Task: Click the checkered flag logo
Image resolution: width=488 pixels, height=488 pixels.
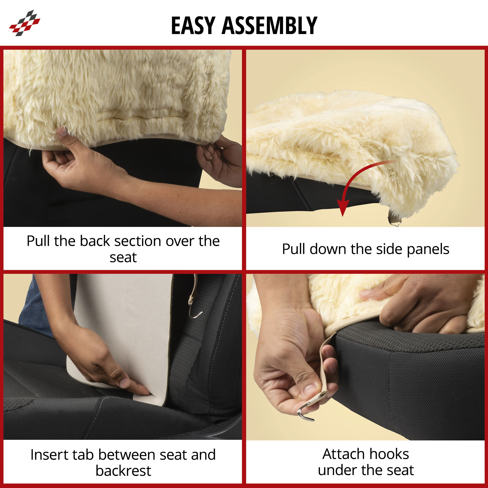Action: (25, 23)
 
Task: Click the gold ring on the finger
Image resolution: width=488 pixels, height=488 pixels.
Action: (211, 158)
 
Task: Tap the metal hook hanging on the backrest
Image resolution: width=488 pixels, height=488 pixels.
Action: (194, 308)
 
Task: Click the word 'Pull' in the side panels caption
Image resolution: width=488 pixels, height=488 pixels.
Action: (294, 249)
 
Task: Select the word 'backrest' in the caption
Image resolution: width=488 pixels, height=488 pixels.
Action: (124, 471)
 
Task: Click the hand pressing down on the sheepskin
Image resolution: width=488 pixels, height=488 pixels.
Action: (427, 303)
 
